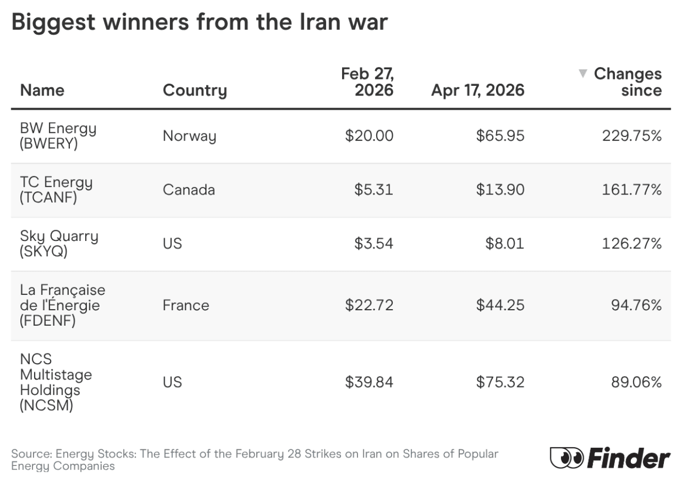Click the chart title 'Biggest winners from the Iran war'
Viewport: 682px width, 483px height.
pyautogui.click(x=199, y=23)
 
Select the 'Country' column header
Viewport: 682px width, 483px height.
pyautogui.click(x=194, y=90)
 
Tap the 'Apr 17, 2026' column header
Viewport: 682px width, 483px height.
pyautogui.click(x=477, y=90)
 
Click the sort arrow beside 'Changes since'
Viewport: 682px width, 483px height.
pyautogui.click(x=583, y=74)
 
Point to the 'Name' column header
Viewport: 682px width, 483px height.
pyautogui.click(x=42, y=90)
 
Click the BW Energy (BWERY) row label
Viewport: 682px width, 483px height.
pyautogui.click(x=58, y=136)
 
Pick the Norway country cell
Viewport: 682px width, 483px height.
pyautogui.click(x=189, y=136)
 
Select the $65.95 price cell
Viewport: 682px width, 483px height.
pyautogui.click(x=500, y=136)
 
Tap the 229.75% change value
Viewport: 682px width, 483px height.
pyautogui.click(x=631, y=136)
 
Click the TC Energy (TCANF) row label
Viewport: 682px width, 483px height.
pyautogui.click(x=56, y=190)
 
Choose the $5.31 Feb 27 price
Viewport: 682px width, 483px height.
pyautogui.click(x=374, y=190)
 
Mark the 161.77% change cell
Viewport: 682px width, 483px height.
pyautogui.click(x=631, y=190)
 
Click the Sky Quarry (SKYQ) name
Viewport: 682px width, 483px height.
pyautogui.click(x=59, y=244)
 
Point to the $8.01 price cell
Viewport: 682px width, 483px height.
pyautogui.click(x=504, y=244)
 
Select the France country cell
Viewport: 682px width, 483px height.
pyautogui.click(x=186, y=305)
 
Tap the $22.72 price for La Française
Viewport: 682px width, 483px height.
pyautogui.click(x=369, y=305)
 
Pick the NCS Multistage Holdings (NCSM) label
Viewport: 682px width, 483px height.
pyautogui.click(x=55, y=382)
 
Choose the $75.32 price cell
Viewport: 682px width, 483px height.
pyautogui.click(x=500, y=382)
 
